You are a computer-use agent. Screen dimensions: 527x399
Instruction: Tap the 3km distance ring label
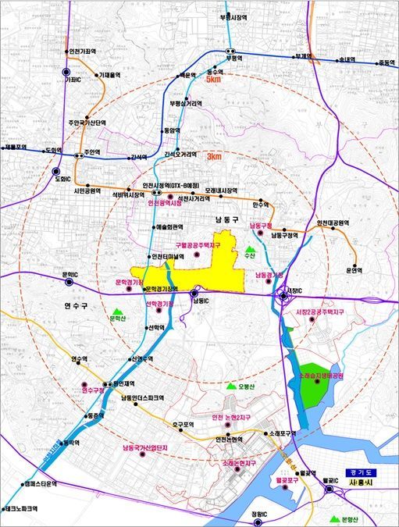point(214,157)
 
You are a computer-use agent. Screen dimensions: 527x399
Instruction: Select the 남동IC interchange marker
point(194,294)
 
